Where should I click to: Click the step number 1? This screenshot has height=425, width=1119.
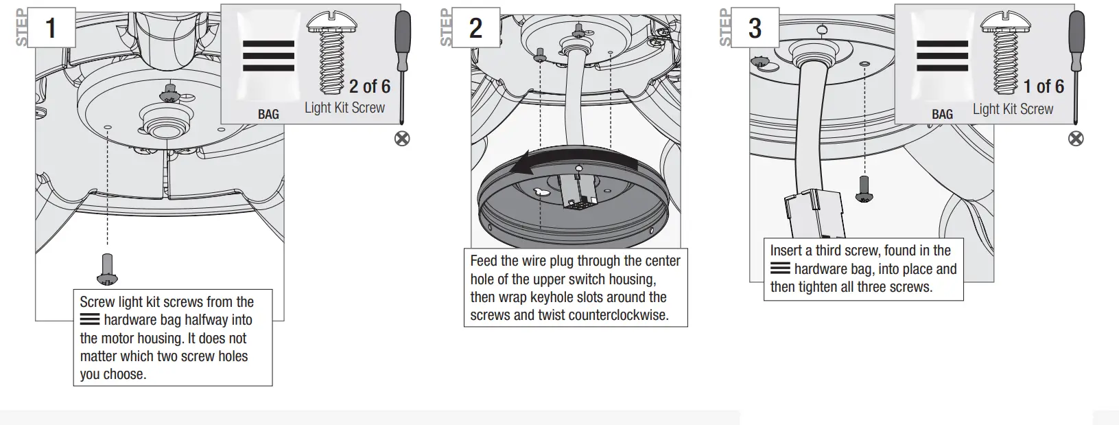(50, 29)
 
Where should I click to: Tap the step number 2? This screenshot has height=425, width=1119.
(475, 29)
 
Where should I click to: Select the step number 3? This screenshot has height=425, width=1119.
(755, 29)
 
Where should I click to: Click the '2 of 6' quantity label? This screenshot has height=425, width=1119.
(369, 87)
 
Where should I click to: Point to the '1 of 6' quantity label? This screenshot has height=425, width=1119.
(1044, 87)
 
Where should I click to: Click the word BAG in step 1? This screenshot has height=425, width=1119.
(268, 114)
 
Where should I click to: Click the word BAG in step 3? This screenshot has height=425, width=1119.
(942, 114)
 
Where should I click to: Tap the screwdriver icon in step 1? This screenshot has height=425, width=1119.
(403, 65)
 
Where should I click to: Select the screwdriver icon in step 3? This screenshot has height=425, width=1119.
(1076, 65)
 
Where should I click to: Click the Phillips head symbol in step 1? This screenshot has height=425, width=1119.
(402, 139)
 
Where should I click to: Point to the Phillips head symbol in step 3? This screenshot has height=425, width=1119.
(1076, 139)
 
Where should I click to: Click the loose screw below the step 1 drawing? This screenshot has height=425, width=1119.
(108, 268)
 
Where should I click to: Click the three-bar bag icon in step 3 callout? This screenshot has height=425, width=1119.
(942, 55)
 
